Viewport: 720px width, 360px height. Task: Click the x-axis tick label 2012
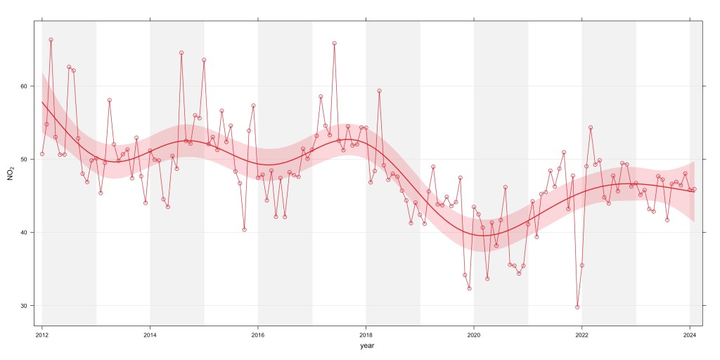[x=41, y=335]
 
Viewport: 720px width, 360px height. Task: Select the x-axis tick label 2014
[x=150, y=335]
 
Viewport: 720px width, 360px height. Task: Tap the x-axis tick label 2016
[x=258, y=335]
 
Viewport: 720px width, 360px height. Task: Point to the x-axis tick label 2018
[x=366, y=335]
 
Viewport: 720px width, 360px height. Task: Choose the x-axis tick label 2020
[x=474, y=335]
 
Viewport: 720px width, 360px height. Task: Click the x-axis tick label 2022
[x=581, y=335]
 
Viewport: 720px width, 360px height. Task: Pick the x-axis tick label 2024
[x=690, y=335]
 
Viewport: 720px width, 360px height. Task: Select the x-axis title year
[x=366, y=347]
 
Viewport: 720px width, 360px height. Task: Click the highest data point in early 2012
[x=51, y=39]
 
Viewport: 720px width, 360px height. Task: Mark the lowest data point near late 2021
[x=577, y=307]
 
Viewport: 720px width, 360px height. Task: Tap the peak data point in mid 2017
[x=334, y=43]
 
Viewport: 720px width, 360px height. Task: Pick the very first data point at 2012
[x=42, y=154]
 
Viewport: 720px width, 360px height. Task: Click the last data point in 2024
[x=694, y=189]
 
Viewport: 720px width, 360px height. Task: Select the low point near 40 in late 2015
[x=244, y=230]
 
